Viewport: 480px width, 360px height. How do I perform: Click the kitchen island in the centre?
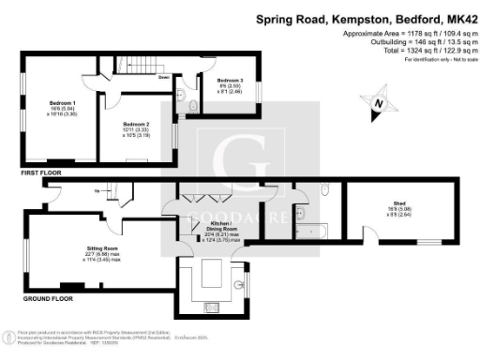tap(209, 277)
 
